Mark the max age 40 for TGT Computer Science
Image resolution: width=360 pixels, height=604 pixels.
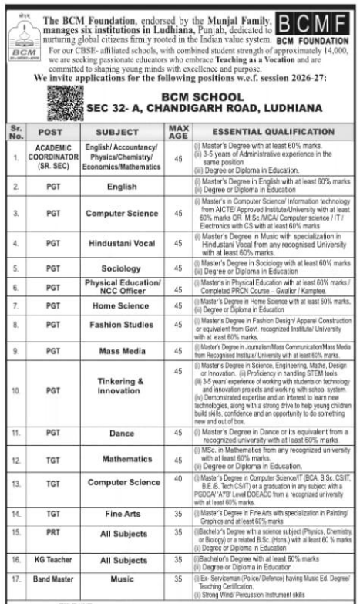(179, 483)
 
